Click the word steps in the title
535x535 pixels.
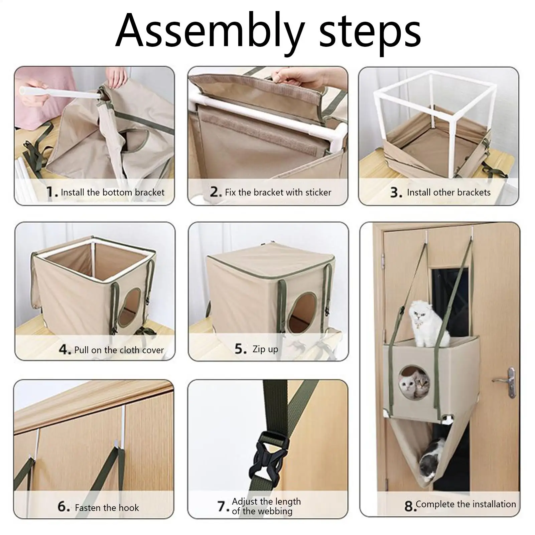point(370,35)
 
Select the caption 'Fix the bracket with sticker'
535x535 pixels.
point(278,192)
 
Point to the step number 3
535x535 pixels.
point(396,192)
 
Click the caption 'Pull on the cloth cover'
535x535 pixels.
point(119,350)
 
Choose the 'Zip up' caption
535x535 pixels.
point(265,350)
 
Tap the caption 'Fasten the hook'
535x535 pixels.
point(107,508)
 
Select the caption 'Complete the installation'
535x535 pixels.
point(466,504)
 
